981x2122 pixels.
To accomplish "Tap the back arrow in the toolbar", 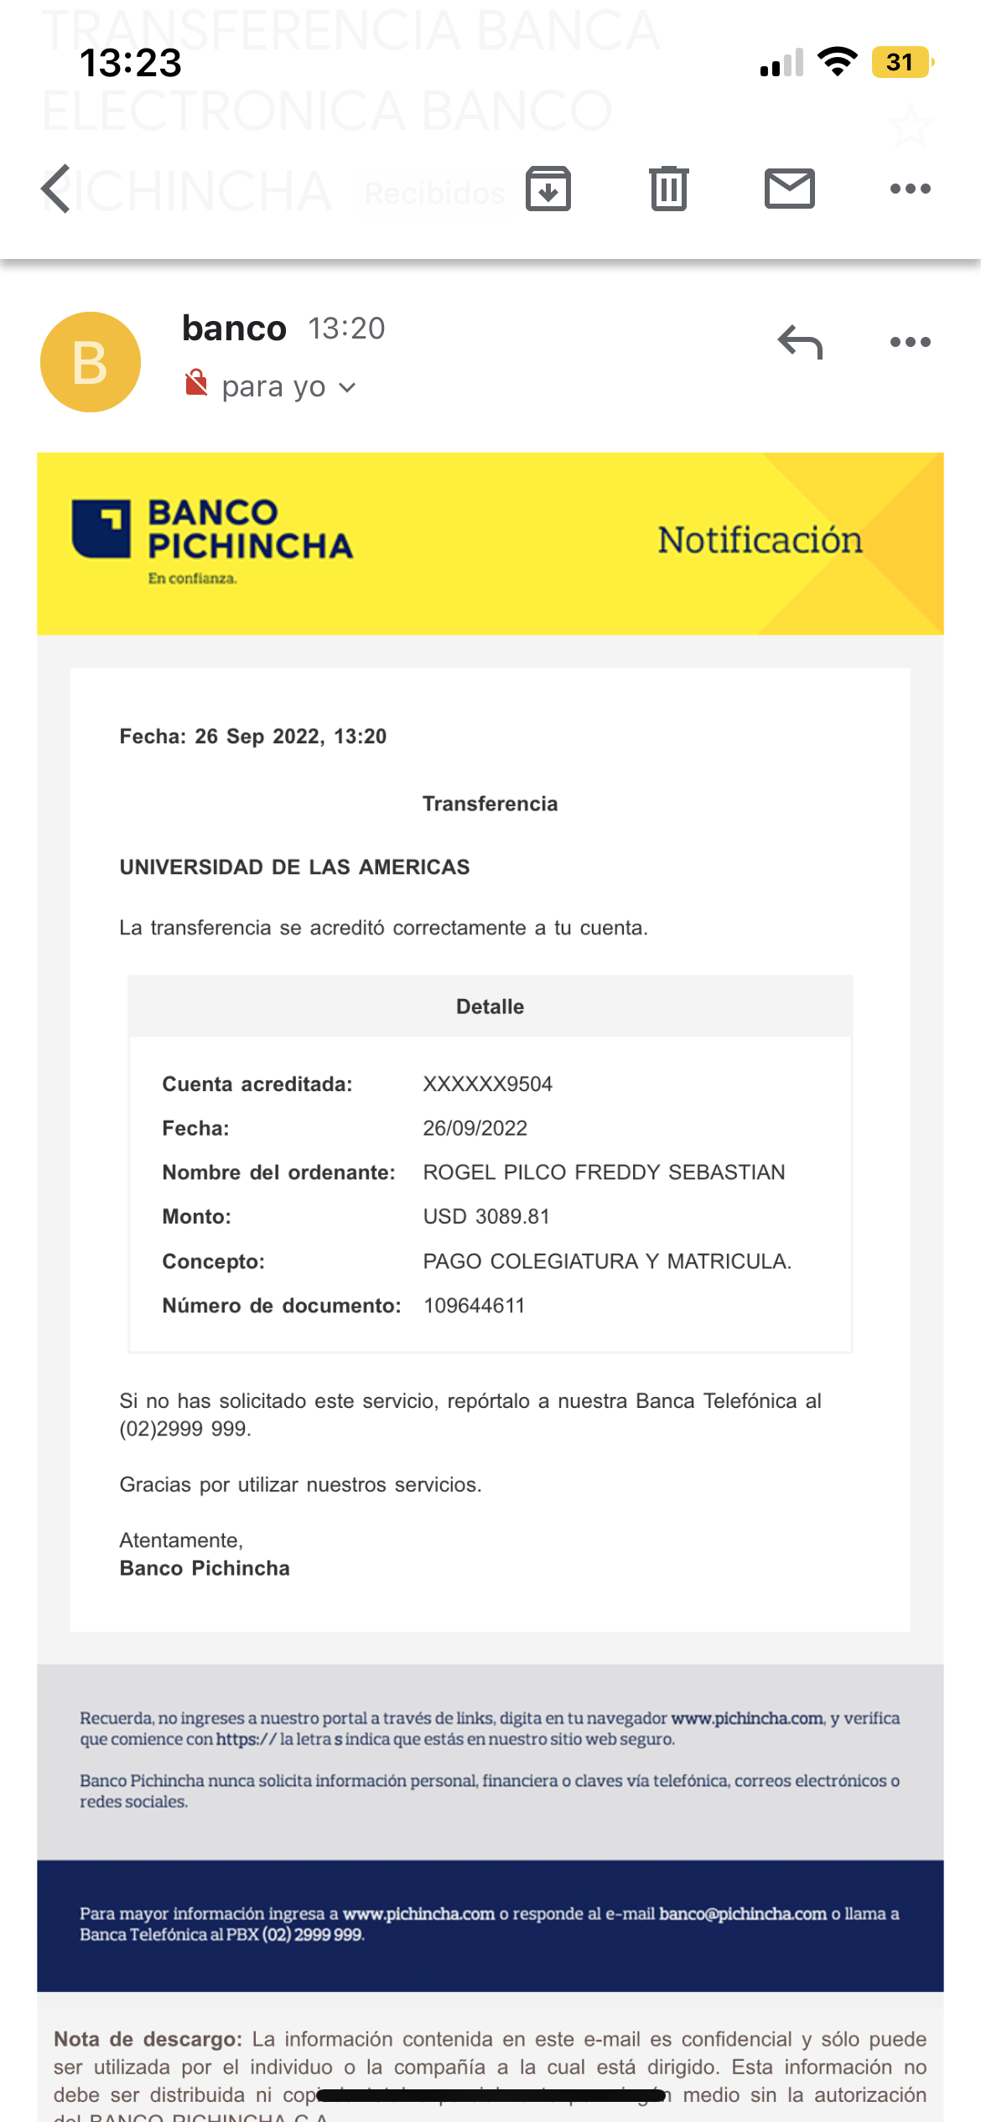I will [56, 189].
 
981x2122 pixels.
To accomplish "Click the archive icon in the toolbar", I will [548, 189].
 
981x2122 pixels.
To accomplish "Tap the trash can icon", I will [668, 189].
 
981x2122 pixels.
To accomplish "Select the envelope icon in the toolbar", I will [789, 189].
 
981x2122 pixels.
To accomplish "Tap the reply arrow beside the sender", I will [800, 342].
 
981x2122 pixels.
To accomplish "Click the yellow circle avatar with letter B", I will [91, 362].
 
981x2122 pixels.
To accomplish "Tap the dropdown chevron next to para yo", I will [347, 387].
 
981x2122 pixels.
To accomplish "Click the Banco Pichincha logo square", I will [101, 529].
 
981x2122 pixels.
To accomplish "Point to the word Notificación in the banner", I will [760, 541].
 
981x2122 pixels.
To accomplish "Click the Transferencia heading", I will [490, 804].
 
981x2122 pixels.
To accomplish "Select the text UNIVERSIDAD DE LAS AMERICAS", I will [294, 867].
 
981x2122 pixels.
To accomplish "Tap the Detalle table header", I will [490, 1007].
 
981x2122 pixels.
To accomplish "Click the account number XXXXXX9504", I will [487, 1084].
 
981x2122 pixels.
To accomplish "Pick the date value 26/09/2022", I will [475, 1128].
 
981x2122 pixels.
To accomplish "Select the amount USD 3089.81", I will [486, 1217].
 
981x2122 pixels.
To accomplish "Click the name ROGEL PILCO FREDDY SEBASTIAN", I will [604, 1172].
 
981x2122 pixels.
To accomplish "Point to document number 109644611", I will [474, 1306].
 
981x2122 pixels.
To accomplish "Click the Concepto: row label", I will [213, 1261].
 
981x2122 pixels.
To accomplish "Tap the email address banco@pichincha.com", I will [743, 1913].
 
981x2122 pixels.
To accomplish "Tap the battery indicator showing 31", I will [901, 62].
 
